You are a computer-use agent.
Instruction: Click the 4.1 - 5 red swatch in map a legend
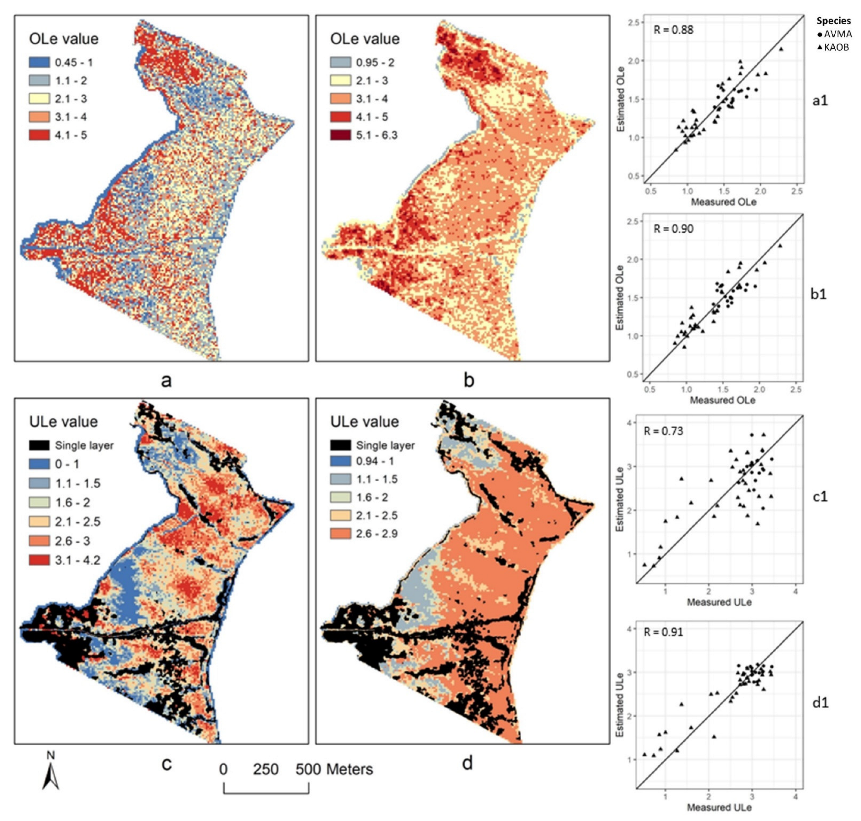pos(39,135)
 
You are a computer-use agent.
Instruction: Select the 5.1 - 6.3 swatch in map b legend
pos(340,135)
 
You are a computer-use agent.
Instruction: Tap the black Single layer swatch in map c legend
pos(39,445)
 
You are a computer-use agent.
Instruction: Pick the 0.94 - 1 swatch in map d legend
pos(340,461)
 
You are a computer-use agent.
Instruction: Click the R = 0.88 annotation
pos(674,30)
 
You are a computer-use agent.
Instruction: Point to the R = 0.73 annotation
pos(663,431)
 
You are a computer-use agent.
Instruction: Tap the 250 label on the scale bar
pos(266,769)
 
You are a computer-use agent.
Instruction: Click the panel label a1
pos(820,100)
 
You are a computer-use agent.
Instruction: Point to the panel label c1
pos(819,497)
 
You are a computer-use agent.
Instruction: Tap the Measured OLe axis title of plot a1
pos(723,202)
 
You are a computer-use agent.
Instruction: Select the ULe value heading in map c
pos(64,421)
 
